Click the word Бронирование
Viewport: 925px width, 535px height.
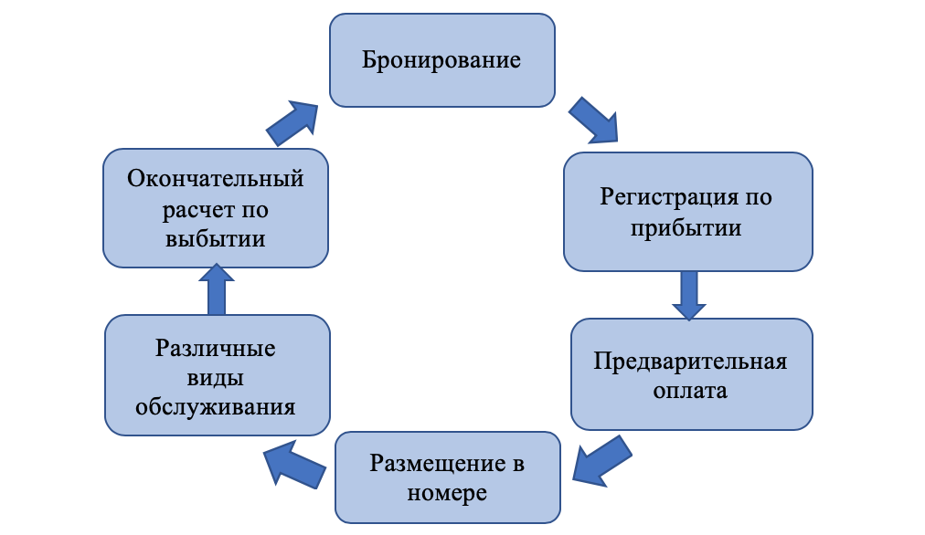click(x=441, y=61)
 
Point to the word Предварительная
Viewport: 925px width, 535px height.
click(x=690, y=362)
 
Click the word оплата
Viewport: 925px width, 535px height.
click(x=690, y=393)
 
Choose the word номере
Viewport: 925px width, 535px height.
click(x=448, y=494)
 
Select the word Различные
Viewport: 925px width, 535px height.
click(x=216, y=349)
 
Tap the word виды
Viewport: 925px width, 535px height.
click(x=217, y=378)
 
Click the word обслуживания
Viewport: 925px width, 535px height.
click(x=216, y=407)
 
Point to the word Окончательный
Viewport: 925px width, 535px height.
click(x=216, y=178)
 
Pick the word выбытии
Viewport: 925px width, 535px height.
click(x=216, y=239)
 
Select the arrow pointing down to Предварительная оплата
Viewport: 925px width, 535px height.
click(x=688, y=294)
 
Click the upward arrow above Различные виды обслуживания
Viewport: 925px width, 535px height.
click(x=216, y=288)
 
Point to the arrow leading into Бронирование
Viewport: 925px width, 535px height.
click(x=293, y=122)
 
